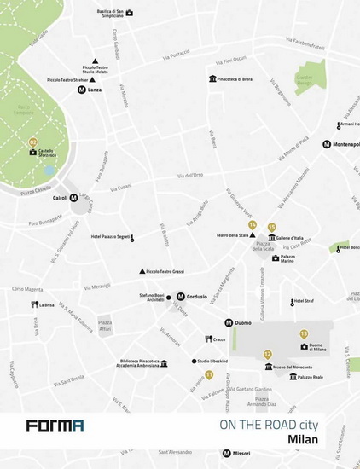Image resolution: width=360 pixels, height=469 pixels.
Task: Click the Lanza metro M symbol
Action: point(81,89)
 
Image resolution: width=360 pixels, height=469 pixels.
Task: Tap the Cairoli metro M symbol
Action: point(73,198)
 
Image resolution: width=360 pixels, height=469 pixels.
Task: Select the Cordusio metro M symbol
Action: point(180,297)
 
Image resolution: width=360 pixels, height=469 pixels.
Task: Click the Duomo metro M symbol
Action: point(229,323)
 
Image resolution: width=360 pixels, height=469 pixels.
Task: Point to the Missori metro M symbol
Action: point(226,453)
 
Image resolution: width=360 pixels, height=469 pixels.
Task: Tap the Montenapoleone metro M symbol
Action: point(326,144)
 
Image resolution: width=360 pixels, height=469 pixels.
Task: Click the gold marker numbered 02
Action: point(34,142)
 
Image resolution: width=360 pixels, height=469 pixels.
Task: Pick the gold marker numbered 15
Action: point(271,227)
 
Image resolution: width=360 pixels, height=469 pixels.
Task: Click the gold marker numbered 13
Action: point(303,333)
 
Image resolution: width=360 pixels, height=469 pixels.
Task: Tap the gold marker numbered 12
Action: point(267,354)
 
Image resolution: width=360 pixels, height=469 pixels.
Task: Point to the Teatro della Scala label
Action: point(230,235)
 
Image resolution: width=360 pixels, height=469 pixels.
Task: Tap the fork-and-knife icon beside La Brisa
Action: point(34,304)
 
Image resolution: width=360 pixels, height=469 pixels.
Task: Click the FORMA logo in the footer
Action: point(54,426)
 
